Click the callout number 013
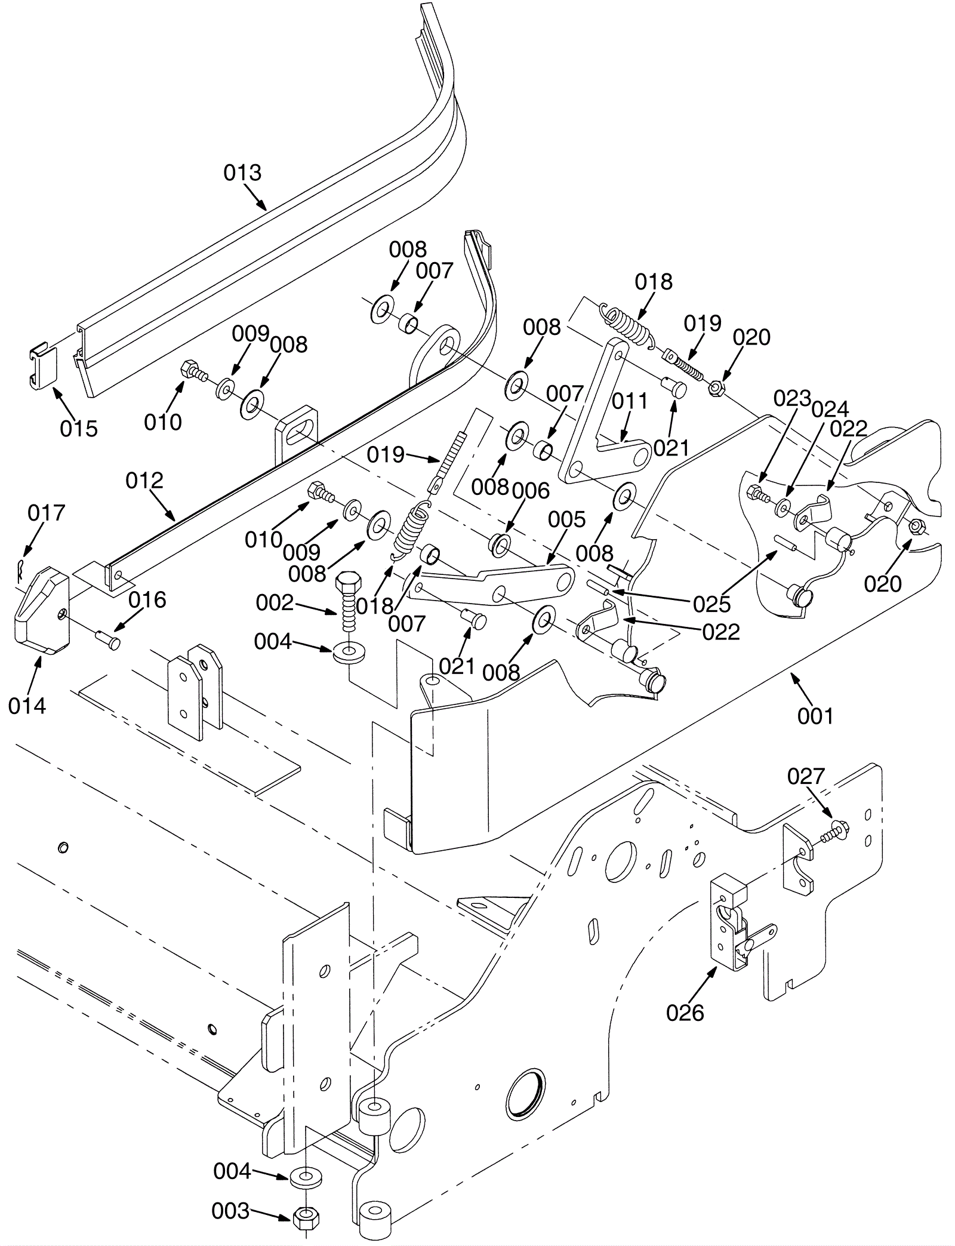(x=242, y=173)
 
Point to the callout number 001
(x=815, y=715)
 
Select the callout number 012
(x=144, y=480)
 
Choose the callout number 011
(x=630, y=401)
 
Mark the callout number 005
(x=567, y=519)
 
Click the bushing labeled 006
(x=498, y=543)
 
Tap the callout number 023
(x=792, y=398)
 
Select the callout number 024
(x=830, y=409)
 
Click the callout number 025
(x=711, y=604)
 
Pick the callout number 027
(x=806, y=776)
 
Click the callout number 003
(x=230, y=1211)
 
